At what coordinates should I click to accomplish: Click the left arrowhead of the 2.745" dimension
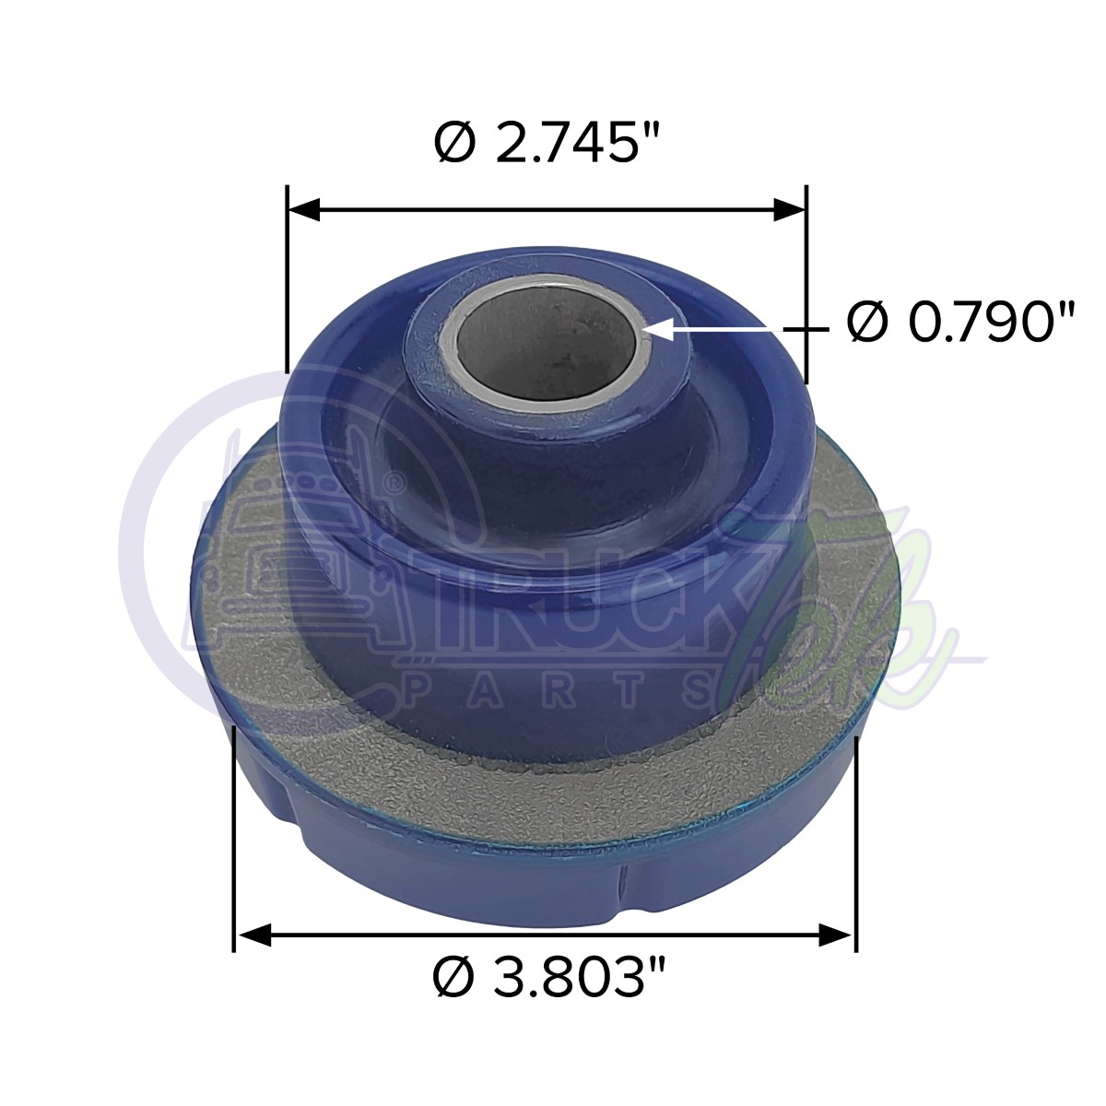point(304,209)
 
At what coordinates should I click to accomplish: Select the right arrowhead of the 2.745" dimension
point(790,209)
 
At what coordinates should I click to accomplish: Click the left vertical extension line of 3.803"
point(235,829)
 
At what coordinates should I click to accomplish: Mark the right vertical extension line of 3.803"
point(856,829)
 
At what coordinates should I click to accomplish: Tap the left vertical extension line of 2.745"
point(288,276)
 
